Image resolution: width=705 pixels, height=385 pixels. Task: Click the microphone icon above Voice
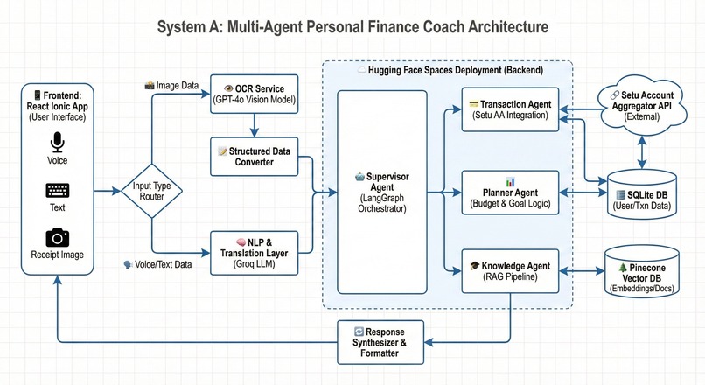tap(57, 142)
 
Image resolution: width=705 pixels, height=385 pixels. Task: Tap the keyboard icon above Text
tap(58, 190)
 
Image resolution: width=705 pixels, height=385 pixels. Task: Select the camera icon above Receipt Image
tap(58, 237)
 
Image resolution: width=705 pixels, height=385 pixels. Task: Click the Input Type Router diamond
tap(151, 191)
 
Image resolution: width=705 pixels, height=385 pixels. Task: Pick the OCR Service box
tap(254, 94)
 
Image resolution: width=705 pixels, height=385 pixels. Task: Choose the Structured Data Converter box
tap(254, 157)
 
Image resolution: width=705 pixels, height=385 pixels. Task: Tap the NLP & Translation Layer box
tap(254, 253)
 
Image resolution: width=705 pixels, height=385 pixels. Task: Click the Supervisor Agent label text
tap(382, 192)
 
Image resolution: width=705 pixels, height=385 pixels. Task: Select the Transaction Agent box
tap(510, 109)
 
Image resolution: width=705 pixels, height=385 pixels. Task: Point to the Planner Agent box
tap(510, 192)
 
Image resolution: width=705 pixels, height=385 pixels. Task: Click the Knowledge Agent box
tap(510, 271)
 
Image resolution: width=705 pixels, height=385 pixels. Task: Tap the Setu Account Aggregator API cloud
tap(642, 106)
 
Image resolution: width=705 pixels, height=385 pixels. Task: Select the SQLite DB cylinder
tap(642, 194)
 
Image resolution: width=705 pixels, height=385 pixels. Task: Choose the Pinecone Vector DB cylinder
tap(642, 271)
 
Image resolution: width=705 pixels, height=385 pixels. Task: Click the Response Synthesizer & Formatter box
tap(380, 342)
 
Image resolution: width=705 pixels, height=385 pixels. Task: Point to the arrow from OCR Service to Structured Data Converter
tap(254, 125)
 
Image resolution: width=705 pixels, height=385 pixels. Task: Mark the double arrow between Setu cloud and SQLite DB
tap(642, 153)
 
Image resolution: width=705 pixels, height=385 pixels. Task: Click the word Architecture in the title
tap(508, 27)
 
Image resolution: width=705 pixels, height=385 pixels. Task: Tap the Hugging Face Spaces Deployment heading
tap(456, 70)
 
